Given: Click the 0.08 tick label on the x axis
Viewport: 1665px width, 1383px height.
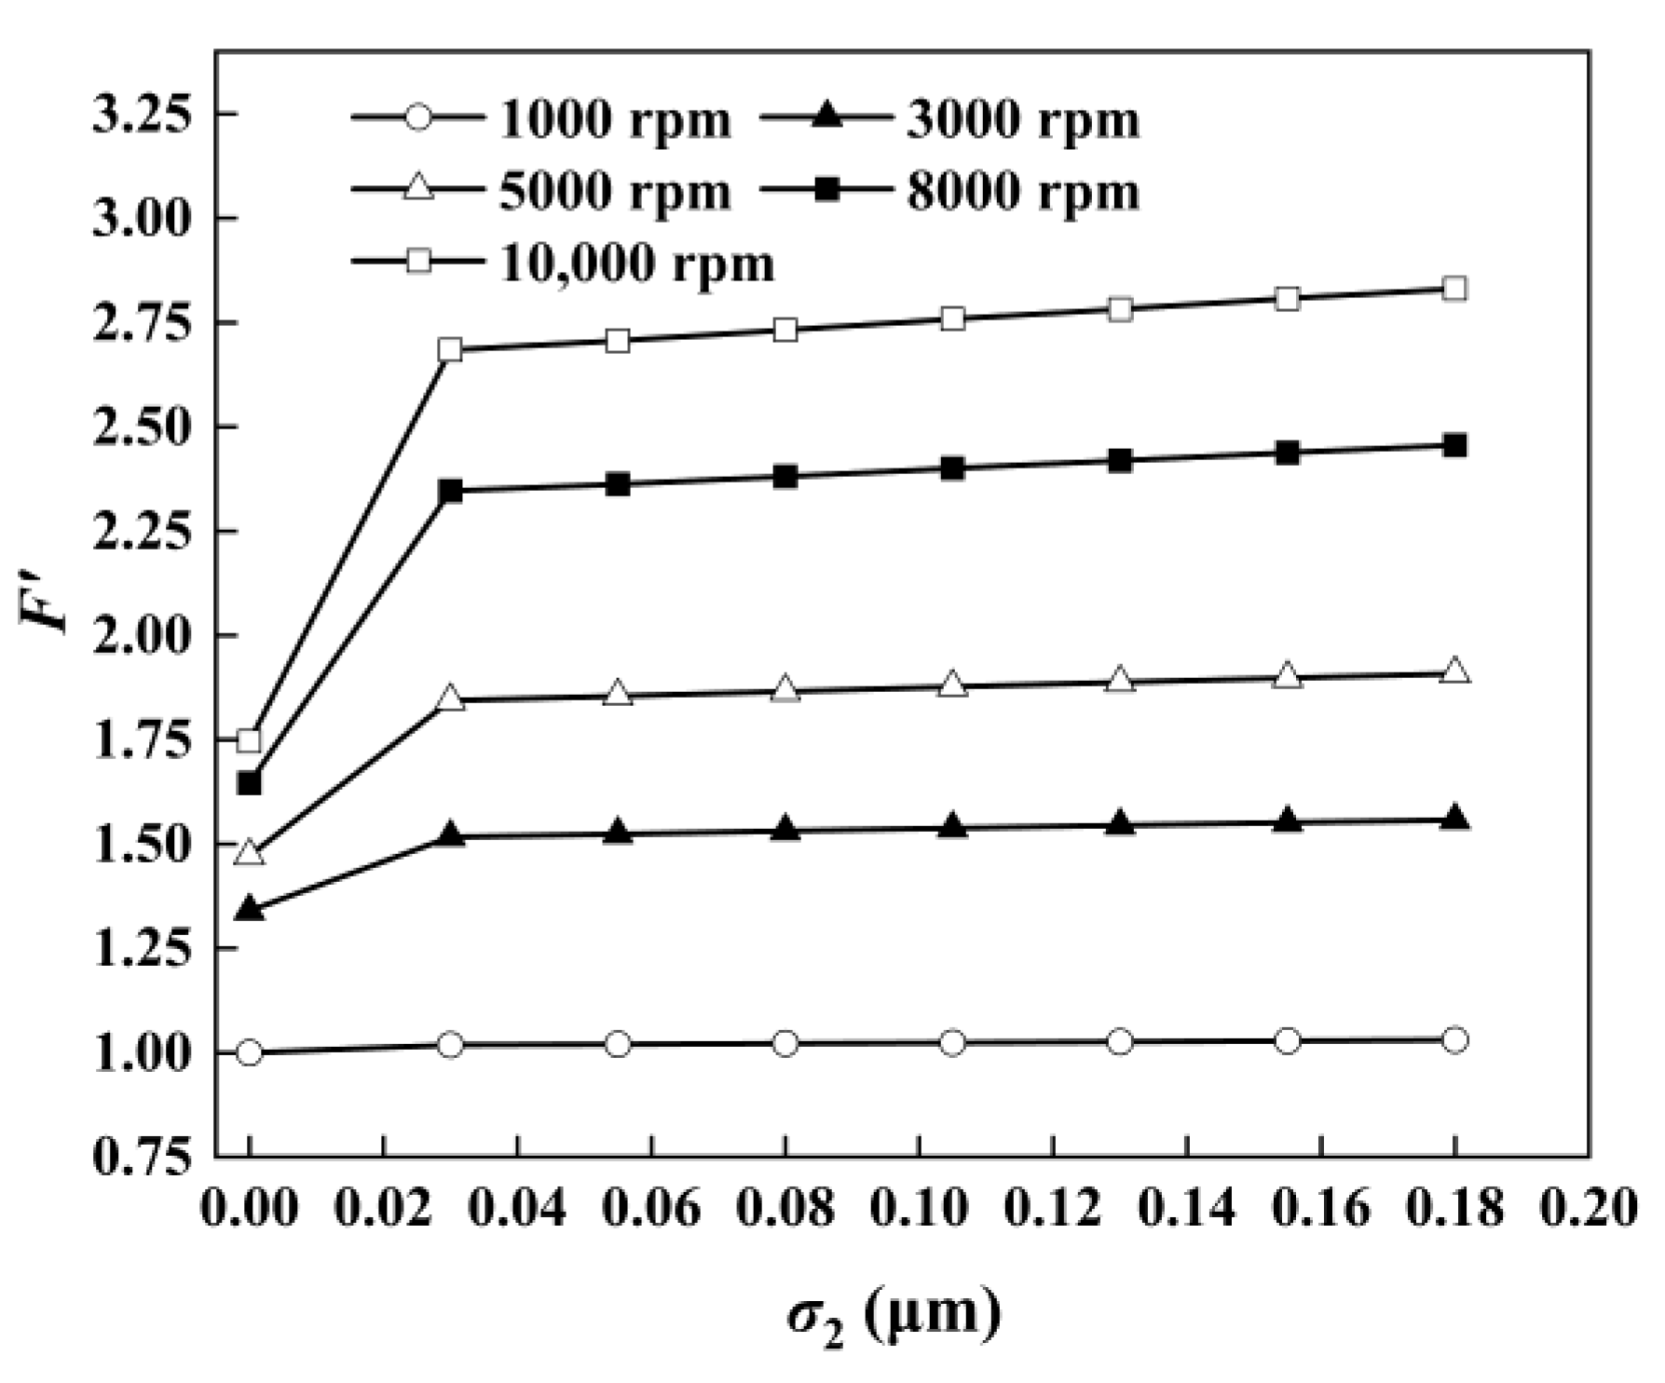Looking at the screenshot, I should click(x=785, y=1208).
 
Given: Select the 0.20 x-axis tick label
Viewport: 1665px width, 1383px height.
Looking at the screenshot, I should click(x=1588, y=1208).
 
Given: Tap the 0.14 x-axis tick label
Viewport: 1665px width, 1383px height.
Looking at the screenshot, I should click(x=1186, y=1208).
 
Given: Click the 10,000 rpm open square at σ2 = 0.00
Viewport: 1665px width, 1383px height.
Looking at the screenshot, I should click(x=249, y=740).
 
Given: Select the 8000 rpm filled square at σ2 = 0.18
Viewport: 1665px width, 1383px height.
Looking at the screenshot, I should click(x=1454, y=445).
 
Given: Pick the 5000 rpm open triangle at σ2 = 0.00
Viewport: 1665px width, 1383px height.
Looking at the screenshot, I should click(x=249, y=852).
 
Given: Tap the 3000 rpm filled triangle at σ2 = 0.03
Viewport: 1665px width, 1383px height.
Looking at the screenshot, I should click(x=450, y=834).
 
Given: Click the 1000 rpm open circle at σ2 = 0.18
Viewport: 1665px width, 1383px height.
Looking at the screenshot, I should click(x=1454, y=1039).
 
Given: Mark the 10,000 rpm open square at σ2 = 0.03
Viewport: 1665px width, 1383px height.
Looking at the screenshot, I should click(x=450, y=350).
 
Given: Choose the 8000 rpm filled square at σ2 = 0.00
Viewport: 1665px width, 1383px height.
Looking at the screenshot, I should click(x=249, y=783).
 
